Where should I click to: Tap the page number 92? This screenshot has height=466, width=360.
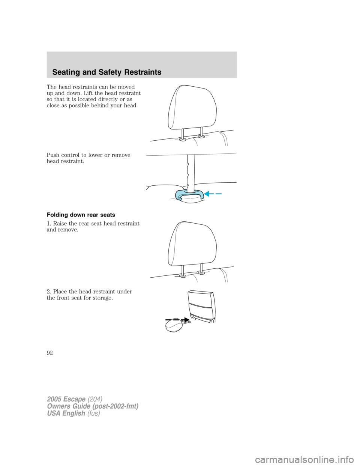(49, 353)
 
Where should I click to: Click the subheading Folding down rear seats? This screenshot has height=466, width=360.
(81, 215)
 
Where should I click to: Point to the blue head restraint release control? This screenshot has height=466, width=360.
(187, 195)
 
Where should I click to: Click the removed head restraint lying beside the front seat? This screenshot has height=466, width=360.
(174, 325)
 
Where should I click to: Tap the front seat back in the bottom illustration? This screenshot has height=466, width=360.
(201, 306)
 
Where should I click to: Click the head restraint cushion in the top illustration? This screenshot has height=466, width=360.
(192, 107)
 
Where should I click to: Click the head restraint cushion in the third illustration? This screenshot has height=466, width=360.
(192, 244)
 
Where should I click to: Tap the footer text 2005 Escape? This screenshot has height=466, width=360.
(66, 399)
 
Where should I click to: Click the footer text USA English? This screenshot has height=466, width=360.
(66, 413)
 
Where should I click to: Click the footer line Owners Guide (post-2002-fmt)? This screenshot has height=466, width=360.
(92, 406)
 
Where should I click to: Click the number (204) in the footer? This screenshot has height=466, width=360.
(95, 399)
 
